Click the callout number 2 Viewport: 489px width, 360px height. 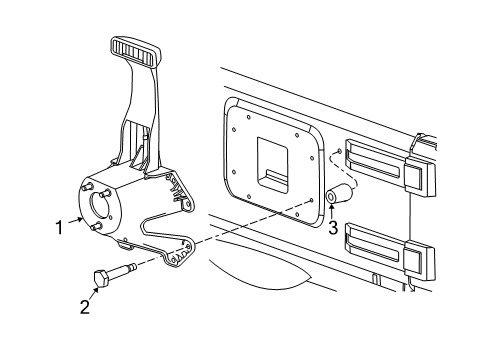pyautogui.click(x=84, y=306)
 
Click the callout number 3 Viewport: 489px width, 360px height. pyautogui.click(x=333, y=227)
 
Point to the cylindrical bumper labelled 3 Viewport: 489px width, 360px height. pyautogui.click(x=339, y=194)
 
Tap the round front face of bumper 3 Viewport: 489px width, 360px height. pyautogui.click(x=330, y=199)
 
